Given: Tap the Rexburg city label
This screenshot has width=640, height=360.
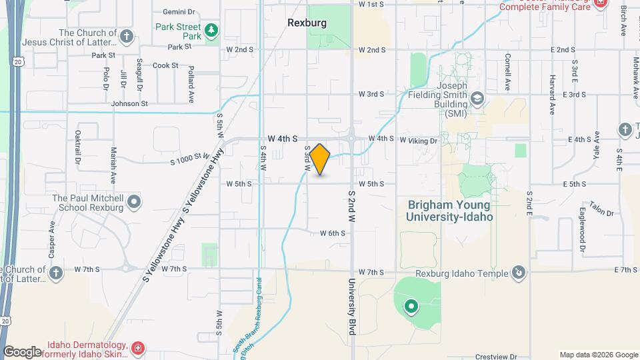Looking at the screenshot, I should point(307,23).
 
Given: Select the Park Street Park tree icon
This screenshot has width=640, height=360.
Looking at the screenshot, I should point(211,30).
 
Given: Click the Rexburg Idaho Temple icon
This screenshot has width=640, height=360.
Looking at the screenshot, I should point(519,272).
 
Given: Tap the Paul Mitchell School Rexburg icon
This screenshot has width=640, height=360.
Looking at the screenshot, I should point(134,201).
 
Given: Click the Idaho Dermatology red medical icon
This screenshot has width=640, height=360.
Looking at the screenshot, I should point(138,348).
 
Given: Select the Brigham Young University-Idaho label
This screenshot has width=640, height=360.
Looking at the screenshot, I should point(450,211).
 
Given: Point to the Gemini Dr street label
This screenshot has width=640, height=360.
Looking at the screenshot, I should point(179,12).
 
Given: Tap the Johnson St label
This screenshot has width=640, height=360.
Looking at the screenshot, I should point(129,104).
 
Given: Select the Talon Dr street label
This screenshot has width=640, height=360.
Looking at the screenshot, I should point(601,209).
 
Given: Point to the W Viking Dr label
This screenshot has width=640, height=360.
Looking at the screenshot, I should point(418,141).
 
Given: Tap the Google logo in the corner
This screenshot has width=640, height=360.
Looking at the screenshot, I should point(22,351).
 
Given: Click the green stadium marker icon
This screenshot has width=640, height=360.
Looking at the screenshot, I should point(411,307).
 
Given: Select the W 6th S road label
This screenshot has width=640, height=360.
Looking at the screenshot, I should point(332,233).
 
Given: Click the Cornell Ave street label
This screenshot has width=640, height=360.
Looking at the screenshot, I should point(507,72).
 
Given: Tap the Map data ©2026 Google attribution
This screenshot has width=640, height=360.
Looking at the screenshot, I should point(598,355).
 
